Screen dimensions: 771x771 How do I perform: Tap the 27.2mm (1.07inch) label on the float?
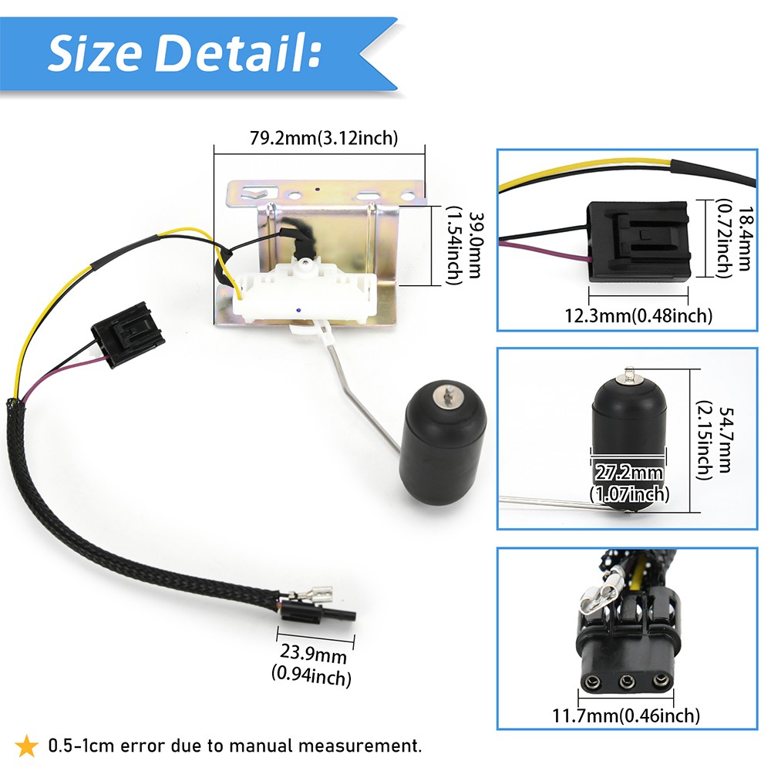pos(629,483)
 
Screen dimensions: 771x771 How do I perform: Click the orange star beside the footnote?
pos(26,746)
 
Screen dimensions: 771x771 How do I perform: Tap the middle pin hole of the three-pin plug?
pos(626,682)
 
